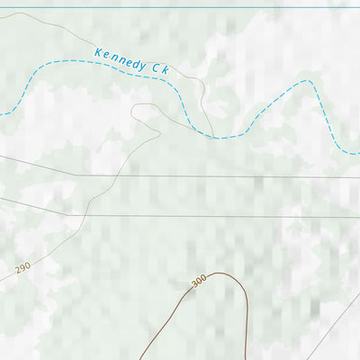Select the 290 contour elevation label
click(x=22, y=268)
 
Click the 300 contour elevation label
click(x=199, y=281)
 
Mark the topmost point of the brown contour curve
click(x=220, y=273)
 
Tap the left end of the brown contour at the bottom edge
click(x=141, y=358)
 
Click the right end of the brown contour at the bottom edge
click(x=244, y=358)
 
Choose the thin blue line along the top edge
click(x=180, y=8)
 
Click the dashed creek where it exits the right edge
click(x=357, y=154)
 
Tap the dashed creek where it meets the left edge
click(x=3, y=114)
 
